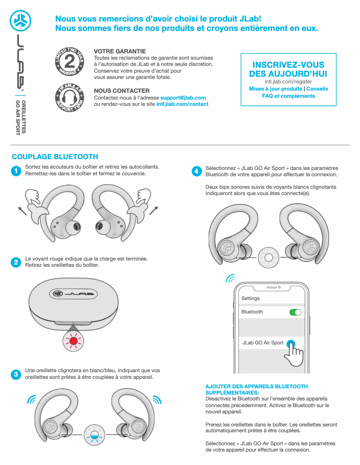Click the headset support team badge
click(69, 97)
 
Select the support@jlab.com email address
click(183, 98)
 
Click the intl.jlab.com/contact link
click(182, 104)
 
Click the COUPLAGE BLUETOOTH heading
click(55, 157)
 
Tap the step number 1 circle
click(16, 171)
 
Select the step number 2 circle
click(16, 263)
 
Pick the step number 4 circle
click(196, 171)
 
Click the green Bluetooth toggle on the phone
click(295, 312)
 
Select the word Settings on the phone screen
click(250, 298)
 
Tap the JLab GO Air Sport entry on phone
click(263, 343)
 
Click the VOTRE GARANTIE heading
click(120, 52)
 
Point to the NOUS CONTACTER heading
click(122, 91)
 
